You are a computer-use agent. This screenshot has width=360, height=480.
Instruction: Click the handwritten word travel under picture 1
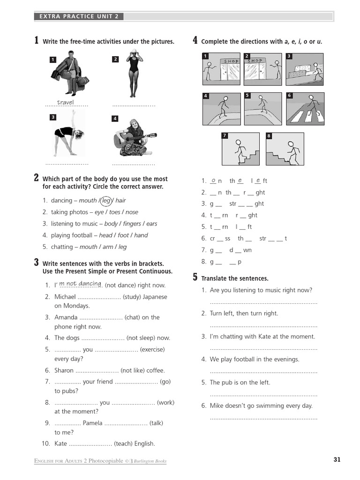(65, 103)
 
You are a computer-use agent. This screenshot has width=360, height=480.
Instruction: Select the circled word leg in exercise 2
(106, 201)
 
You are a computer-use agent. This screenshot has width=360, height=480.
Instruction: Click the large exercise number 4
(195, 40)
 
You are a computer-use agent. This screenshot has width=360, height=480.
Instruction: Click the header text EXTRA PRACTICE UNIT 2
(79, 16)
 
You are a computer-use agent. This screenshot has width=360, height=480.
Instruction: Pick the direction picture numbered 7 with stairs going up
(240, 149)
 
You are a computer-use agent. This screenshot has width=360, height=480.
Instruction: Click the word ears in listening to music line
(152, 224)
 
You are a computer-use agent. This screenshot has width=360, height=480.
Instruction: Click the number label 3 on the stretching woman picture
(53, 117)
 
